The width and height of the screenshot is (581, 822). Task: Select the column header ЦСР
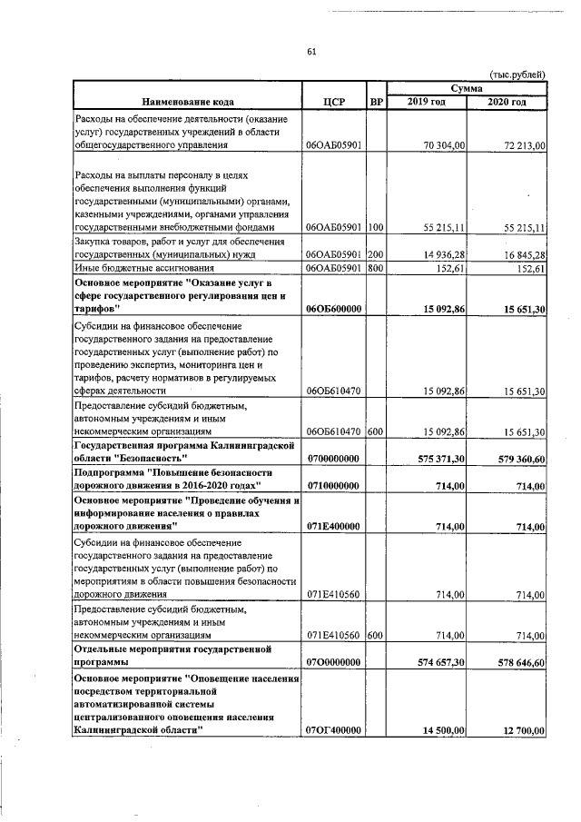pyautogui.click(x=334, y=101)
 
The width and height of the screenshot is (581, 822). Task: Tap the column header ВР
pyautogui.click(x=376, y=101)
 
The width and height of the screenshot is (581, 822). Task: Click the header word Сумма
pyautogui.click(x=468, y=87)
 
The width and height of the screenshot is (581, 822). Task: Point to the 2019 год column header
pyautogui.click(x=427, y=101)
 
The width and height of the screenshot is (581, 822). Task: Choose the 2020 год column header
pyautogui.click(x=507, y=101)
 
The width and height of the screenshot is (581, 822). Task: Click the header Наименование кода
pyautogui.click(x=186, y=101)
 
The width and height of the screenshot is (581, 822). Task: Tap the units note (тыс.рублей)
pyautogui.click(x=517, y=73)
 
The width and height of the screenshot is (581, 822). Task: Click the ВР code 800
pyautogui.click(x=376, y=269)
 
